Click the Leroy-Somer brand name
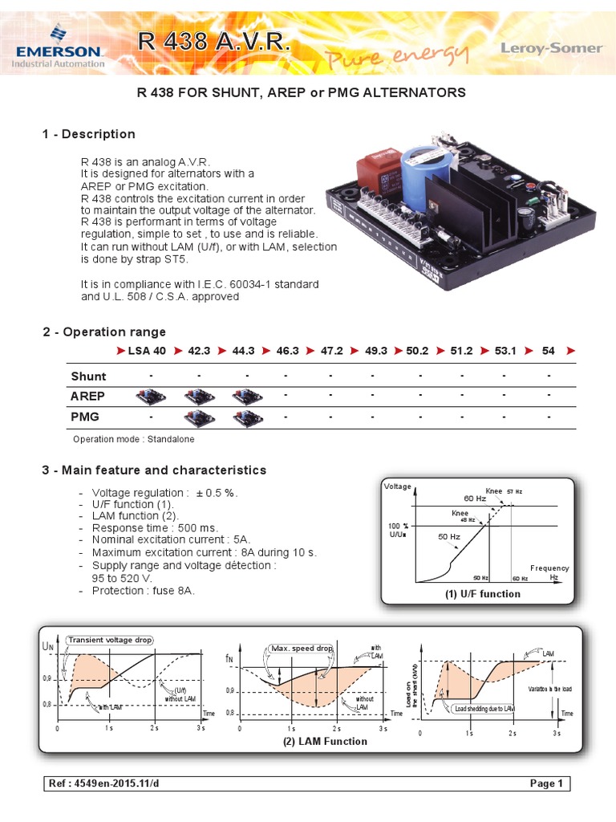tap(551, 48)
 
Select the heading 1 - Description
tap(88, 134)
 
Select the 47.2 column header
tap(332, 352)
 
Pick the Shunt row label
tap(88, 376)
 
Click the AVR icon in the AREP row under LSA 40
tap(148, 397)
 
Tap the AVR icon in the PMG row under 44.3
tap(244, 417)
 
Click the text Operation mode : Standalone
tap(133, 439)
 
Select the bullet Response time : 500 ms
tap(154, 528)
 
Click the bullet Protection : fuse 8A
tap(143, 590)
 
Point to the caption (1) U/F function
tap(482, 594)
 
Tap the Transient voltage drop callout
tap(110, 640)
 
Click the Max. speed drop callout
tap(303, 648)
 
